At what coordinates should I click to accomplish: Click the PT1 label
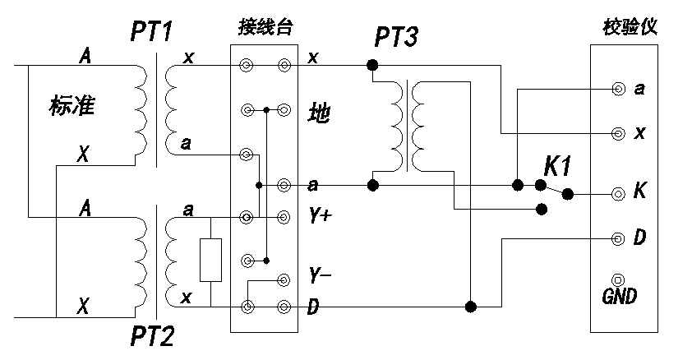[x=156, y=33]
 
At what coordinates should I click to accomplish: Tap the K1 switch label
[x=557, y=165]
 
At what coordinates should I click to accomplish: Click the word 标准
[x=72, y=106]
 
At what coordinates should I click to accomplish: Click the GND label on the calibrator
[x=619, y=295]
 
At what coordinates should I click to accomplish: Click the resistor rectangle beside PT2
[x=210, y=261]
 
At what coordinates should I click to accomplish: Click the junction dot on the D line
[x=470, y=307]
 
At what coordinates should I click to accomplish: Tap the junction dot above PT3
[x=372, y=64]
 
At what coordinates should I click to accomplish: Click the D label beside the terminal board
[x=313, y=308]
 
